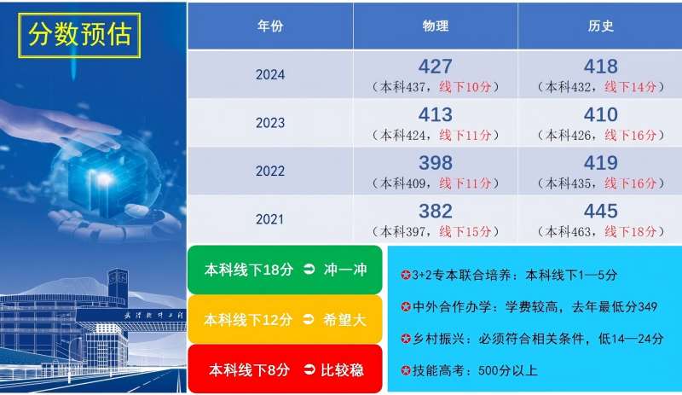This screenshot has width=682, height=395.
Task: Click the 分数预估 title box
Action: pyautogui.click(x=80, y=33)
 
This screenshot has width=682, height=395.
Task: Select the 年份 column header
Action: pyautogui.click(x=270, y=26)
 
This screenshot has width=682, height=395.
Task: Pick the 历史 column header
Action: pyautogui.click(x=600, y=26)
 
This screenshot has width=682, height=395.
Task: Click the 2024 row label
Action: pyautogui.click(x=270, y=75)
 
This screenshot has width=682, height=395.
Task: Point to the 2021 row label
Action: pyautogui.click(x=270, y=219)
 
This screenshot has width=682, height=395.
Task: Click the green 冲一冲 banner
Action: pyautogui.click(x=285, y=270)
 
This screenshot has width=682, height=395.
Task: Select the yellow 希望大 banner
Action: pyautogui.click(x=285, y=320)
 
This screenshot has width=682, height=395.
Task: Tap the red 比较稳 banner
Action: pyautogui.click(x=285, y=369)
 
